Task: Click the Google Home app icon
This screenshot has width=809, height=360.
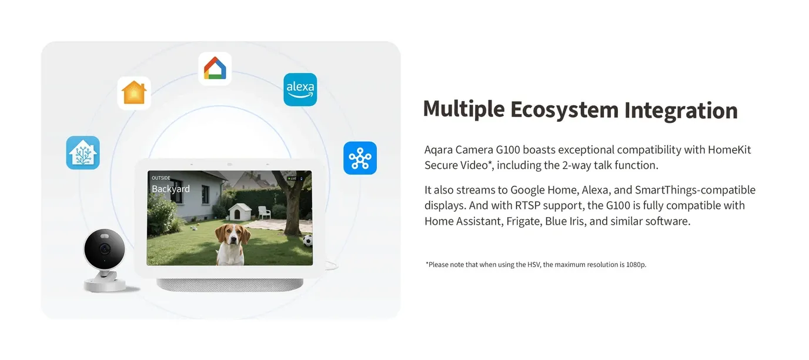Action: pyautogui.click(x=215, y=69)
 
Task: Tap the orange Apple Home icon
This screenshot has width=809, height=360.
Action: pyautogui.click(x=134, y=93)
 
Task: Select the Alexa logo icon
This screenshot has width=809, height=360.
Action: pyautogui.click(x=300, y=89)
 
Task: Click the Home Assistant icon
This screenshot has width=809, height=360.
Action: pyautogui.click(x=83, y=152)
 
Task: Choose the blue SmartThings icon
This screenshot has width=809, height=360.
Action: pyautogui.click(x=360, y=158)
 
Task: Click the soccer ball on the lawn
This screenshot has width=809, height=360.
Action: pyautogui.click(x=307, y=241)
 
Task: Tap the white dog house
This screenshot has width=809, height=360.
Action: pyautogui.click(x=240, y=212)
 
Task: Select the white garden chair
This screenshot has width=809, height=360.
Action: pyautogui.click(x=264, y=212)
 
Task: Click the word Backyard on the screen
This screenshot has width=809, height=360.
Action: pyautogui.click(x=171, y=189)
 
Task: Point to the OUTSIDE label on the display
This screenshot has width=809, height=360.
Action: pyautogui.click(x=161, y=178)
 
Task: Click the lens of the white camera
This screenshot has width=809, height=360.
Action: pyautogui.click(x=105, y=249)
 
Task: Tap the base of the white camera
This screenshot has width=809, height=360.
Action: pyautogui.click(x=105, y=284)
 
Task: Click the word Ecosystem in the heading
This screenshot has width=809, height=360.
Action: pyautogui.click(x=564, y=110)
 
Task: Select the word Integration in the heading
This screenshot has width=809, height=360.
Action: pyautogui.click(x=681, y=111)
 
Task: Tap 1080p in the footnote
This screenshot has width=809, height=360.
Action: pyautogui.click(x=636, y=265)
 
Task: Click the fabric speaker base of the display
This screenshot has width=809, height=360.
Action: pyautogui.click(x=230, y=285)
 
